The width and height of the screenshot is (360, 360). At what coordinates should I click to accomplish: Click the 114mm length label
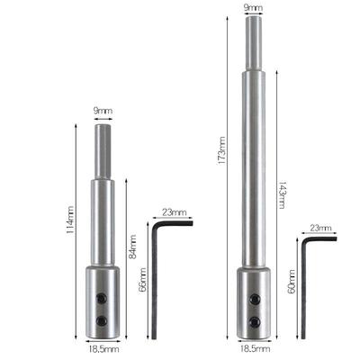click(x=69, y=220)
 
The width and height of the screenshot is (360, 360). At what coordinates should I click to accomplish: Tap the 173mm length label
click(x=222, y=150)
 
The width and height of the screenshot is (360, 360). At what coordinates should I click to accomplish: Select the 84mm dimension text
click(x=132, y=247)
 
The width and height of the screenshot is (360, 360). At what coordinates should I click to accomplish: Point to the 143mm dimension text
click(x=282, y=195)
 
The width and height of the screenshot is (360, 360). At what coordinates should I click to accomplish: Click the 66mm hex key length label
click(x=143, y=280)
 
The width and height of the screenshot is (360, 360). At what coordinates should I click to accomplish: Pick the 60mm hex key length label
click(x=292, y=282)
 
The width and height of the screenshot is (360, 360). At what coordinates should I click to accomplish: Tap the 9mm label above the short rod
click(x=103, y=111)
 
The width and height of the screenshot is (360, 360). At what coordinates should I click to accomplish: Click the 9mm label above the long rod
click(x=253, y=8)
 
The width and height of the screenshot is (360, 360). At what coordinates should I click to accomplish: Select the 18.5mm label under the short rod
click(x=103, y=349)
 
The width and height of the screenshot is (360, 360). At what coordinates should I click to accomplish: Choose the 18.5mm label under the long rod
click(x=255, y=349)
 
